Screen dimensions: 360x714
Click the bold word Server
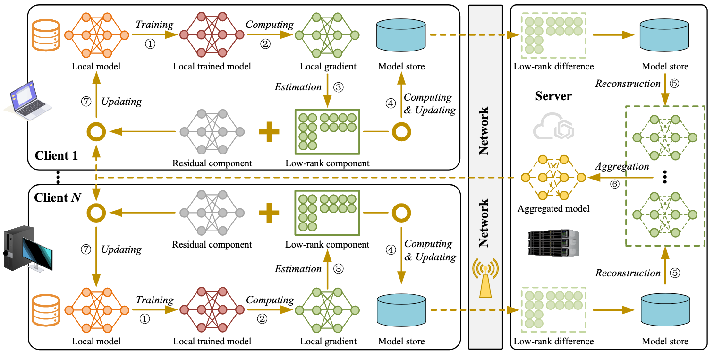(x=553, y=96)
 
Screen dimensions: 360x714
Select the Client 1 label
(x=56, y=155)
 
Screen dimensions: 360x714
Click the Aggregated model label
(x=553, y=208)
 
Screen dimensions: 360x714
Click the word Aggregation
(x=621, y=166)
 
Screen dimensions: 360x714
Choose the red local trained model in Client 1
(x=212, y=34)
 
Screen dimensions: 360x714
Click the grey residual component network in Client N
(x=212, y=213)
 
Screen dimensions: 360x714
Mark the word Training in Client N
(x=155, y=300)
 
